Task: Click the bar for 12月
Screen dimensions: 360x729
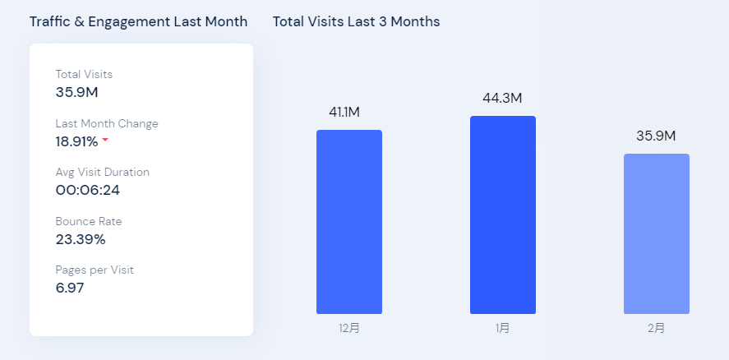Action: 349,222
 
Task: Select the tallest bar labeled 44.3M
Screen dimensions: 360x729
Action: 503,215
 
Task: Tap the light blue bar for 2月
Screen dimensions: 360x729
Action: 656,233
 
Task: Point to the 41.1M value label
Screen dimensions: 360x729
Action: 344,112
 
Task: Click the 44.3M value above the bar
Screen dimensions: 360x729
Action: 502,98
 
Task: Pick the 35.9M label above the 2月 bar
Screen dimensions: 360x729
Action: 656,136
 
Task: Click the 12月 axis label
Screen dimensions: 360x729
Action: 349,328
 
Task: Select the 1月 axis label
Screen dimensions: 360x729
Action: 503,328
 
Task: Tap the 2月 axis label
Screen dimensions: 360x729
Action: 656,328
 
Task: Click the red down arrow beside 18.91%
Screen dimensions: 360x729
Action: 105,141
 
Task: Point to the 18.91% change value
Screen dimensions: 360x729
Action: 76,141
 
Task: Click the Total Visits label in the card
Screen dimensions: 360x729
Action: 84,75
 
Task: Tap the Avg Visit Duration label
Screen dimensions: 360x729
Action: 103,173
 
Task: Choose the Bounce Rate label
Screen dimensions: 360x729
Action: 88,221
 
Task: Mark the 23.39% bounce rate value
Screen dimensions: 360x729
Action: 81,239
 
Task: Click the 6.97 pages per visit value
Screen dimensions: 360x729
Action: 70,288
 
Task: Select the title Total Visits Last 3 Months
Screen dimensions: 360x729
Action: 356,21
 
